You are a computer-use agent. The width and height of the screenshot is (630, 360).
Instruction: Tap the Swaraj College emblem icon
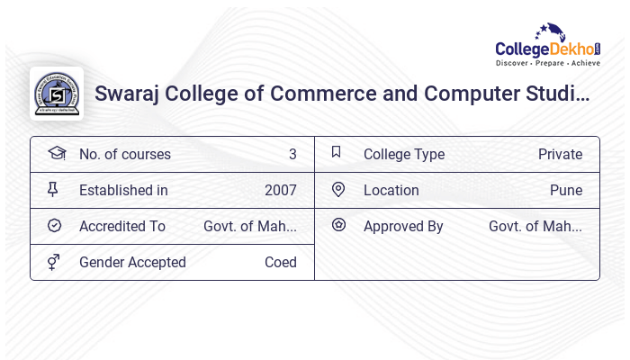(56, 93)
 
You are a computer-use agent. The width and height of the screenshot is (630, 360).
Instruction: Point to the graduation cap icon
(56, 153)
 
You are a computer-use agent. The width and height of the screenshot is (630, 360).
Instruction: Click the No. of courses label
(124, 155)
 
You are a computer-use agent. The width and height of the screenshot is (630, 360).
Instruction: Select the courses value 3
(292, 155)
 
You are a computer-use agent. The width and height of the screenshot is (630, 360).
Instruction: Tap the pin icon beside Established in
(54, 190)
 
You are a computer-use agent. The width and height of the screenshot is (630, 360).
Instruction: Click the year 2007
(280, 191)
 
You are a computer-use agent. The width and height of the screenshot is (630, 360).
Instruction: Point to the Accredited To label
(122, 227)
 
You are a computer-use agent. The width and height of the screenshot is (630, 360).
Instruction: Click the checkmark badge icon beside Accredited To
(54, 226)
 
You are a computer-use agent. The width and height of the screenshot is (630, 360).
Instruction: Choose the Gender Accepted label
(132, 263)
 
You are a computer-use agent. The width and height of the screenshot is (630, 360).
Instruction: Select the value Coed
(280, 263)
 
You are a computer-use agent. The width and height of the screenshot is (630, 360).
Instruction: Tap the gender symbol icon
(54, 262)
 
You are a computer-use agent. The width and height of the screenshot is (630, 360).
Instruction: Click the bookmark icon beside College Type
(337, 153)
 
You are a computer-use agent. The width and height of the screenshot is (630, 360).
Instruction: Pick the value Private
(560, 155)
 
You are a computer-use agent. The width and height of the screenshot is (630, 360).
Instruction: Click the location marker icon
(338, 190)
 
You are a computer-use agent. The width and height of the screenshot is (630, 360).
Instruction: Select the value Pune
(566, 191)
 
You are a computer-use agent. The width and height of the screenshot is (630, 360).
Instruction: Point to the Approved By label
(403, 227)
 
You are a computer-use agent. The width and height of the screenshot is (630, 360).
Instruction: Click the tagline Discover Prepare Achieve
(547, 64)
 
